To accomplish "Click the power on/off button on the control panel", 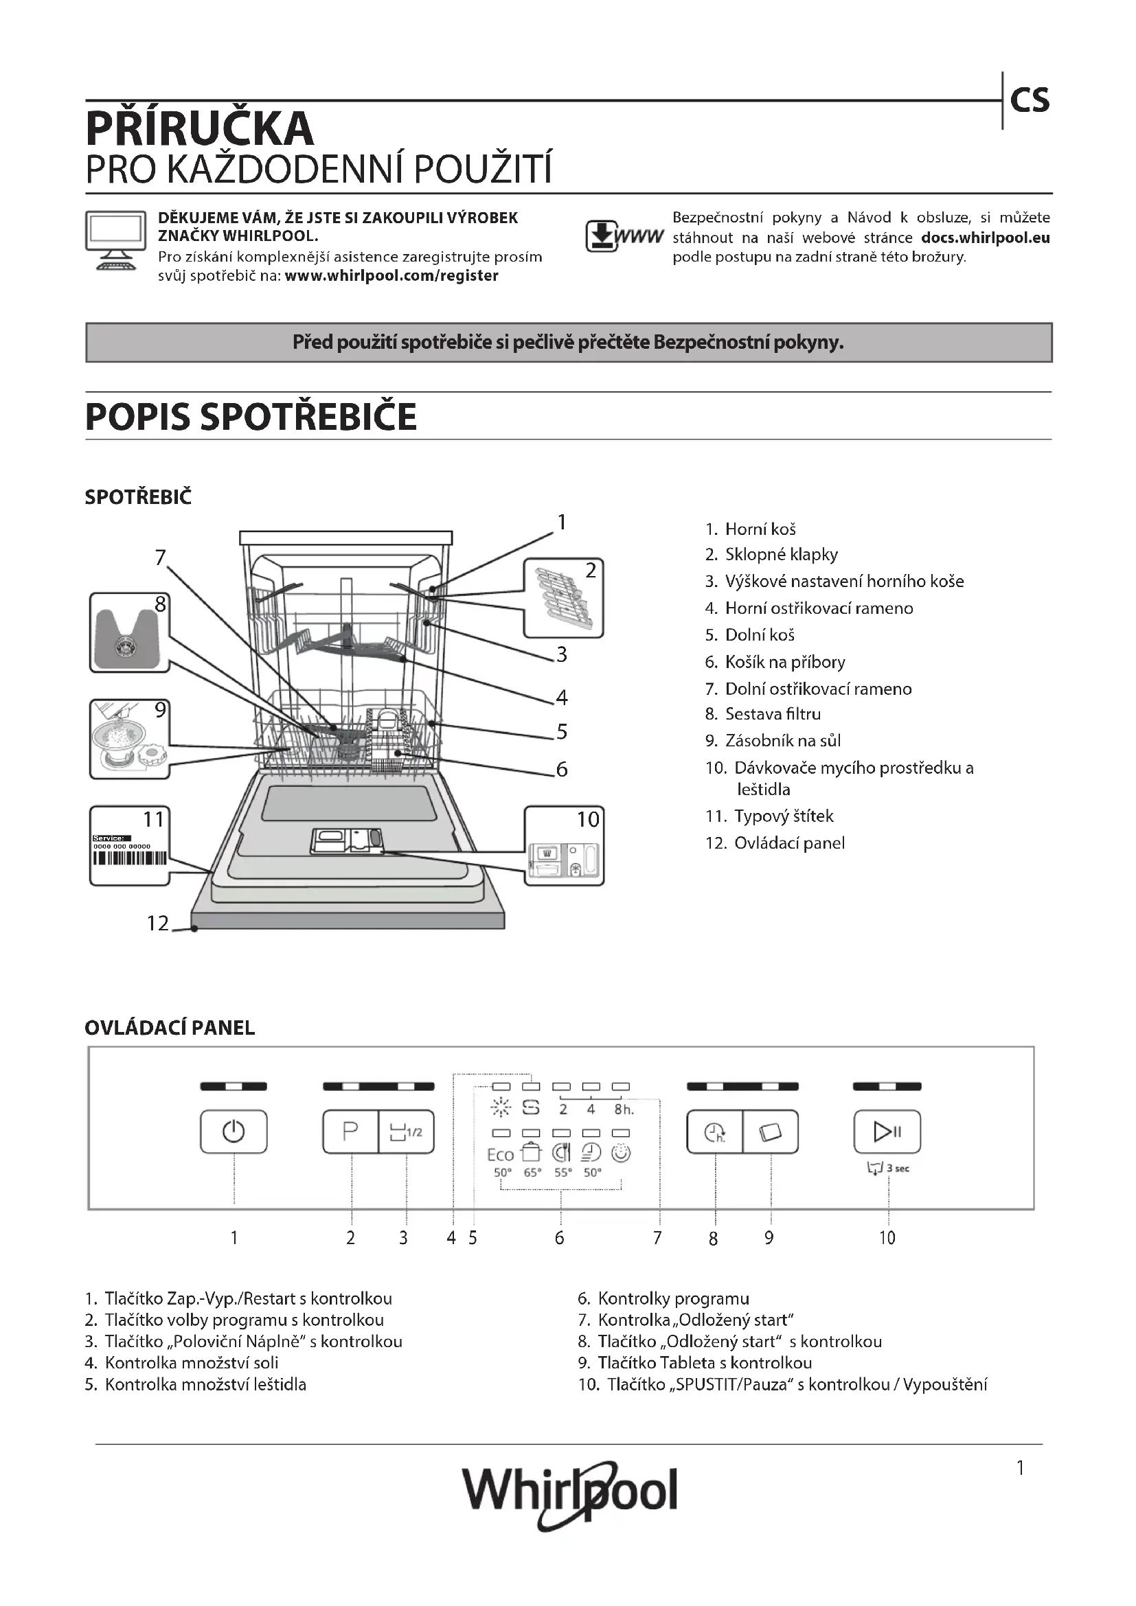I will point(233,1131).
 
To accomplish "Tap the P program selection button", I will point(350,1131).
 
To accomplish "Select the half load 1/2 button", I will point(406,1131).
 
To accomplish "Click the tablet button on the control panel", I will point(770,1132).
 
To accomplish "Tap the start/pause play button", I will point(887,1131).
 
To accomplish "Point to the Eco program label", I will point(500,1155).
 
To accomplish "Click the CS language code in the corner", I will point(1030,101).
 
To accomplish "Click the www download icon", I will point(623,236).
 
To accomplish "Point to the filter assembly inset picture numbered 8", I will point(129,632).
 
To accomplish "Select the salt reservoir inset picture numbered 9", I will point(129,739).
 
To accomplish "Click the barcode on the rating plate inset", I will point(129,858).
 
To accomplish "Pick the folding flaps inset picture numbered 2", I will point(563,598).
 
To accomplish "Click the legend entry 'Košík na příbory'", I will point(784,662).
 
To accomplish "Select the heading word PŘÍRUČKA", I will point(200,128).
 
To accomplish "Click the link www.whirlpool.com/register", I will point(391,275).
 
